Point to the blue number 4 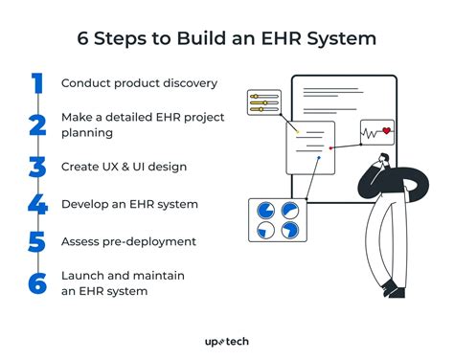coord(36,204)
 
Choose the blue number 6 coord(36,282)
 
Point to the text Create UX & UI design coord(123,166)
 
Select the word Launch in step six coord(84,276)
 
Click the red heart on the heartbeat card coord(386,131)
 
